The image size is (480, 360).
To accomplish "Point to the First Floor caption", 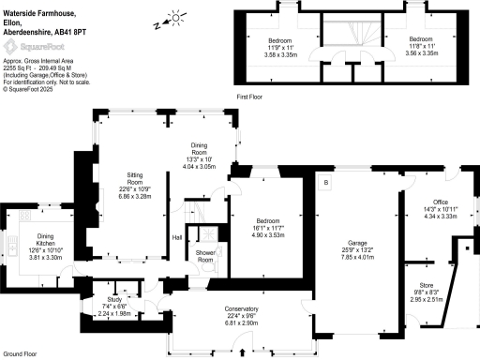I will click(248, 96).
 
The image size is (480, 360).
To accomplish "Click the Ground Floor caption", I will click(18, 353).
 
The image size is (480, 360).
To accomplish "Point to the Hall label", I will click(176, 237).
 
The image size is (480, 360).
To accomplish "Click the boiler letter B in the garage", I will click(325, 182).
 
